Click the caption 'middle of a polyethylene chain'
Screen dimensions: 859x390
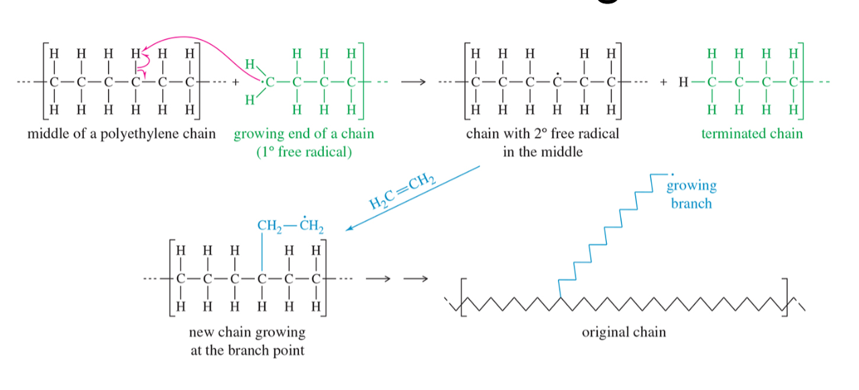(x=121, y=134)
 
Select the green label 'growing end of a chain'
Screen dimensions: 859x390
(x=304, y=134)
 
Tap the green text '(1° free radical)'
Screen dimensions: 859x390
(x=304, y=152)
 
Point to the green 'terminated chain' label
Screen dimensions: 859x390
(x=752, y=134)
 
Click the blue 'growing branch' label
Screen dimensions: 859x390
(x=691, y=194)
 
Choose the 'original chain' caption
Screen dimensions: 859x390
(x=624, y=332)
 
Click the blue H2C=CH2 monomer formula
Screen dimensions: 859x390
(x=402, y=191)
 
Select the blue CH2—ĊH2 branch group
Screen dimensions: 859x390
(x=290, y=225)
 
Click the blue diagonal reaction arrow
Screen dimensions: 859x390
(x=412, y=198)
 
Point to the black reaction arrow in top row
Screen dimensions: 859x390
(x=413, y=82)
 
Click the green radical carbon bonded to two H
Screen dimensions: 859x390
(x=270, y=82)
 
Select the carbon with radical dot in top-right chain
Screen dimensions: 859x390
(x=557, y=81)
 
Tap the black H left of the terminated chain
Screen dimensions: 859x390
(x=683, y=82)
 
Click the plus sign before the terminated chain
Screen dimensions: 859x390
(x=663, y=82)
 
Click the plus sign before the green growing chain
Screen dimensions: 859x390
(x=235, y=82)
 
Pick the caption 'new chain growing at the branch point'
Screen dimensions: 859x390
(x=247, y=341)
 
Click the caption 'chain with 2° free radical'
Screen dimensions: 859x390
(x=542, y=134)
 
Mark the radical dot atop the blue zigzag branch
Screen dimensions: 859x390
(x=672, y=175)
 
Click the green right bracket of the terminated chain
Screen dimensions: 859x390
(x=801, y=81)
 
